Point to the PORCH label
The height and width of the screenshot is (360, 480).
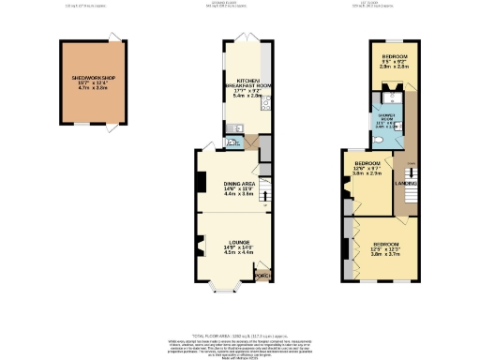click(263, 276)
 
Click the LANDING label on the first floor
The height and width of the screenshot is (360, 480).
click(405, 184)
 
